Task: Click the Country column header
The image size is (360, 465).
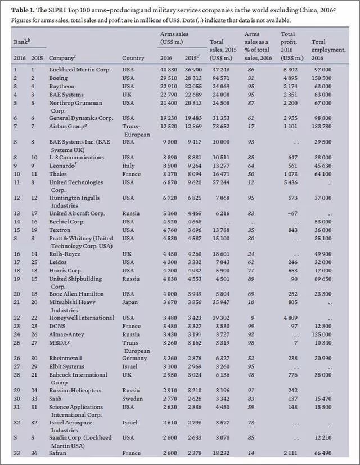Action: tap(133, 58)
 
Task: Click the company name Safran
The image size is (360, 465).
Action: tap(58, 454)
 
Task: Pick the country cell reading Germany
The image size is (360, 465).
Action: tap(135, 357)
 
